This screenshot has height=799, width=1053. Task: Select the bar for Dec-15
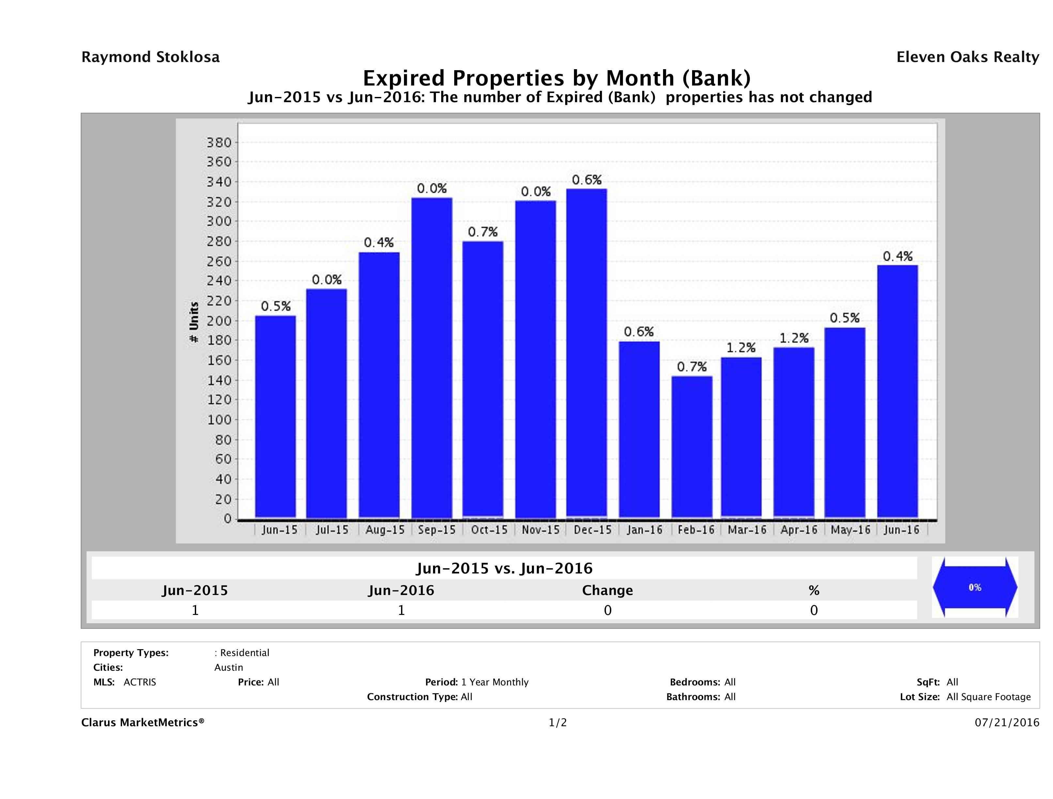tap(586, 353)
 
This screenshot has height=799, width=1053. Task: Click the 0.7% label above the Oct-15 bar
tap(483, 232)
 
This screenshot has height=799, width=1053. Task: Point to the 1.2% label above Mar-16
tap(741, 348)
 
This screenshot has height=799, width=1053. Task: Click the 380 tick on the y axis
tap(219, 142)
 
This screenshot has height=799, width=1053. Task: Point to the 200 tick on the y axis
tap(219, 321)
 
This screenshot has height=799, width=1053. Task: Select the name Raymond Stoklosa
tap(150, 57)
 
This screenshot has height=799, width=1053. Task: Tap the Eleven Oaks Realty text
tap(967, 57)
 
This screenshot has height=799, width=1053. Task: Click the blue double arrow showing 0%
tap(974, 587)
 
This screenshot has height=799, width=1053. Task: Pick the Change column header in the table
tap(608, 590)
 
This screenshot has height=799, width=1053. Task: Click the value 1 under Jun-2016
tap(401, 610)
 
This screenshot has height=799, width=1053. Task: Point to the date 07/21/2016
tap(1007, 722)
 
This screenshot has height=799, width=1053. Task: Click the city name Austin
tap(228, 667)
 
